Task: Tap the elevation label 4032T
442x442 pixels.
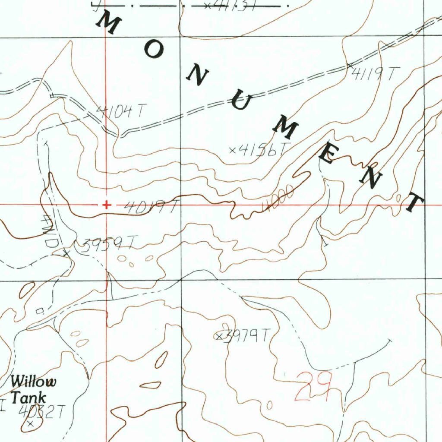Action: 42,412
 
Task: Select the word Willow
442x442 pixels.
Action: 33,382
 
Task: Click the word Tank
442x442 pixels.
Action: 28,397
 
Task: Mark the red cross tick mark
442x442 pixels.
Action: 106,205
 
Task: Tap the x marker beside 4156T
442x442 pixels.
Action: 233,150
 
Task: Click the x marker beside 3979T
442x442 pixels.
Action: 219,336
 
